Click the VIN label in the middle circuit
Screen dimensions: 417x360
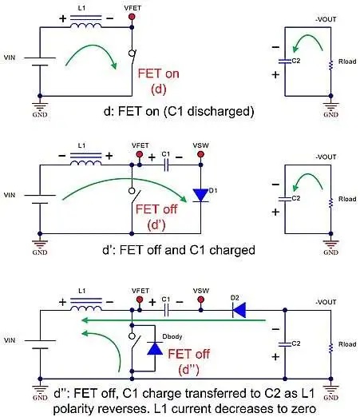10,194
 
